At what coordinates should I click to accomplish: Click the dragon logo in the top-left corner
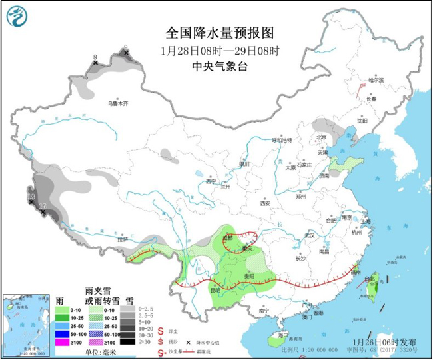pyautogui.click(x=18, y=18)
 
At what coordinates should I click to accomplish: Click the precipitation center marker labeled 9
pyautogui.click(x=126, y=51)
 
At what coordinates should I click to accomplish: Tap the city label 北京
pyautogui.click(x=322, y=137)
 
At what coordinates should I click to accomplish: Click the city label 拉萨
pyautogui.click(x=121, y=239)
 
